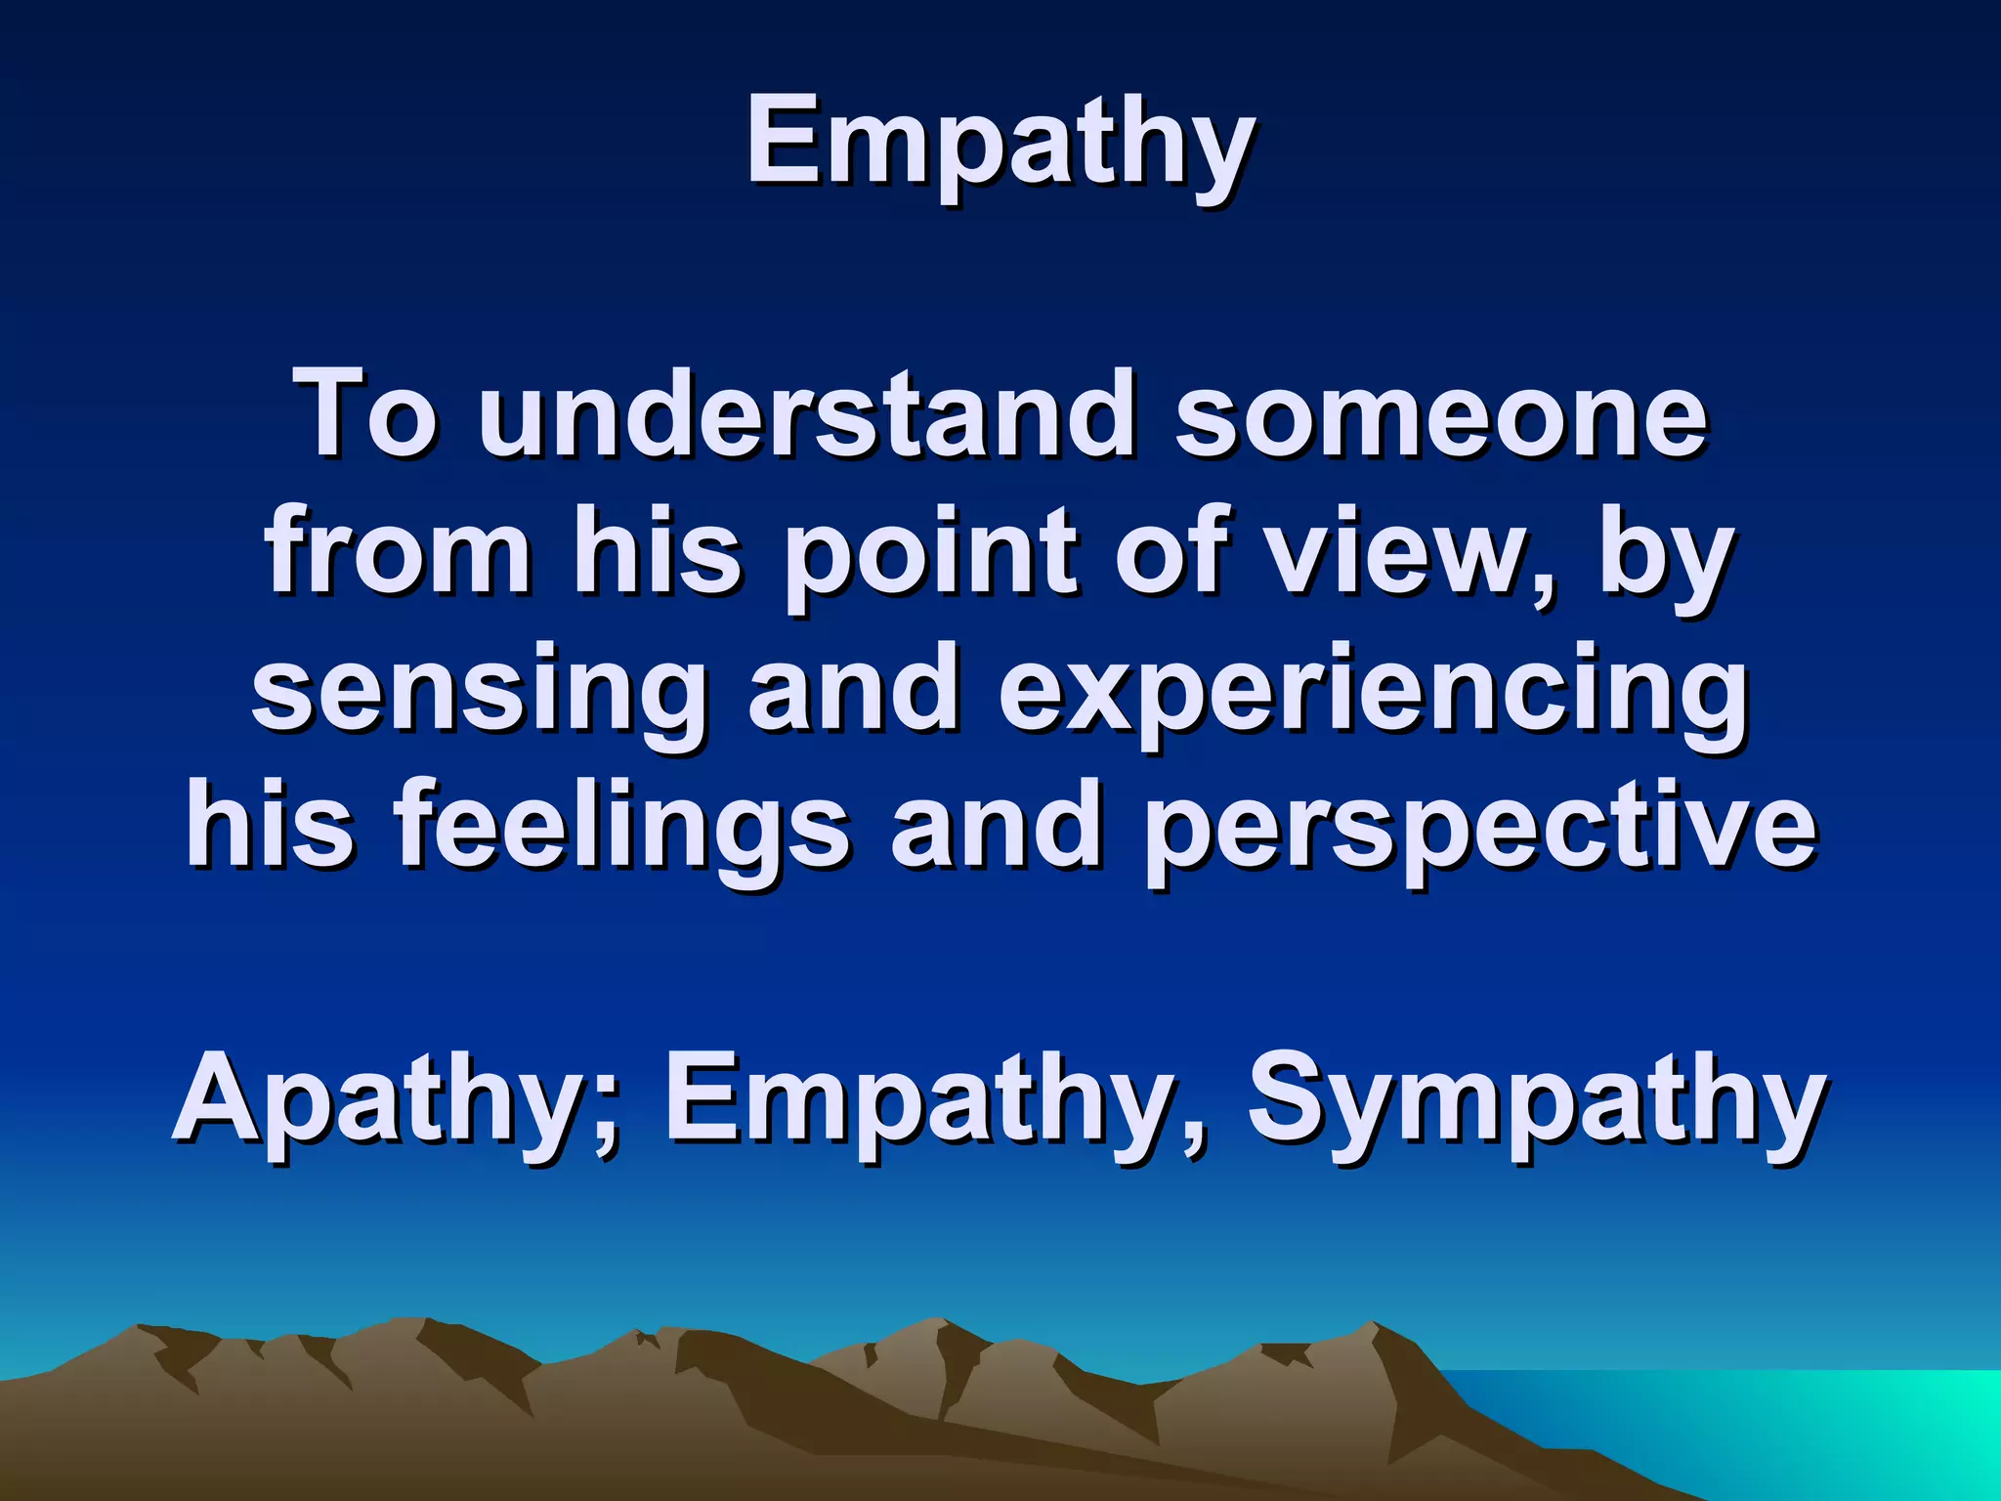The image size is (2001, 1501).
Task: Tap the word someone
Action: pos(1440,414)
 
